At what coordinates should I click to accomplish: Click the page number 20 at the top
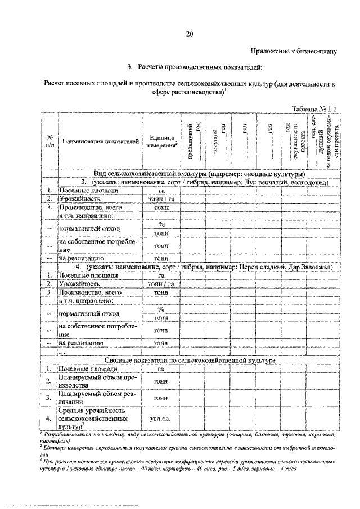click(x=189, y=34)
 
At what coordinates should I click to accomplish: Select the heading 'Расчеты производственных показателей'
click(x=199, y=68)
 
